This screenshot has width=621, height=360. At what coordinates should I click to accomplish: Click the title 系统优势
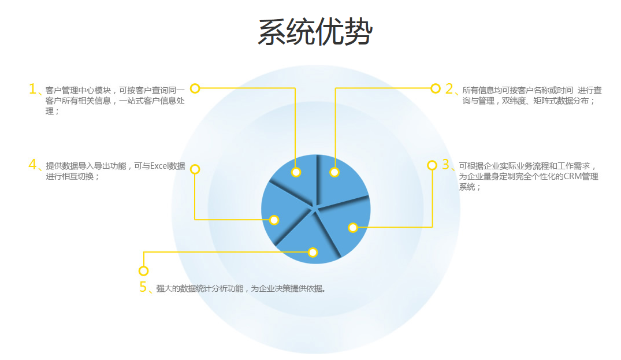click(315, 32)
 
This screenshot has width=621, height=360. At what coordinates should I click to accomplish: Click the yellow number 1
click(32, 89)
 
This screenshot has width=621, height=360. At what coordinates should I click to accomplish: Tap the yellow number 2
click(449, 89)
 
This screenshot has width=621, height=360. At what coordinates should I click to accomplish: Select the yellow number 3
click(445, 164)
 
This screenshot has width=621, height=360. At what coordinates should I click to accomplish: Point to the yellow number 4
click(32, 164)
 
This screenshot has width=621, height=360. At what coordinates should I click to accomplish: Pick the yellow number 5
click(143, 287)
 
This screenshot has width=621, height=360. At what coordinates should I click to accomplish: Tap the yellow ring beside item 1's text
click(195, 88)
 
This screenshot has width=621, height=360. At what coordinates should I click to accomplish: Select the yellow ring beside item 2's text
click(435, 88)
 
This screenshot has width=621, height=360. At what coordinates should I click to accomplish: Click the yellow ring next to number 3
click(432, 165)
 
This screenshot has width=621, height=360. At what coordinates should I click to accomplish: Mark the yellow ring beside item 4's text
click(195, 169)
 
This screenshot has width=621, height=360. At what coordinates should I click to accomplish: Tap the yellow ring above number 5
click(143, 271)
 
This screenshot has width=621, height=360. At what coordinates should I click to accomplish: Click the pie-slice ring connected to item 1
click(296, 172)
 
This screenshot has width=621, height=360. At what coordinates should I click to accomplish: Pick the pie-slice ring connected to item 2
click(334, 172)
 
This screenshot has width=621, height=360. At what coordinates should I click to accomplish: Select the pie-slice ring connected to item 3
click(353, 228)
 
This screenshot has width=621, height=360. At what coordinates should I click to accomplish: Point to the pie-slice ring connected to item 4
click(274, 220)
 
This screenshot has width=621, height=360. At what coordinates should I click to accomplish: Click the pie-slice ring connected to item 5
click(313, 253)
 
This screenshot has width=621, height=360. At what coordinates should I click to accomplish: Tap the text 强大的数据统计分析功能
click(200, 288)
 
